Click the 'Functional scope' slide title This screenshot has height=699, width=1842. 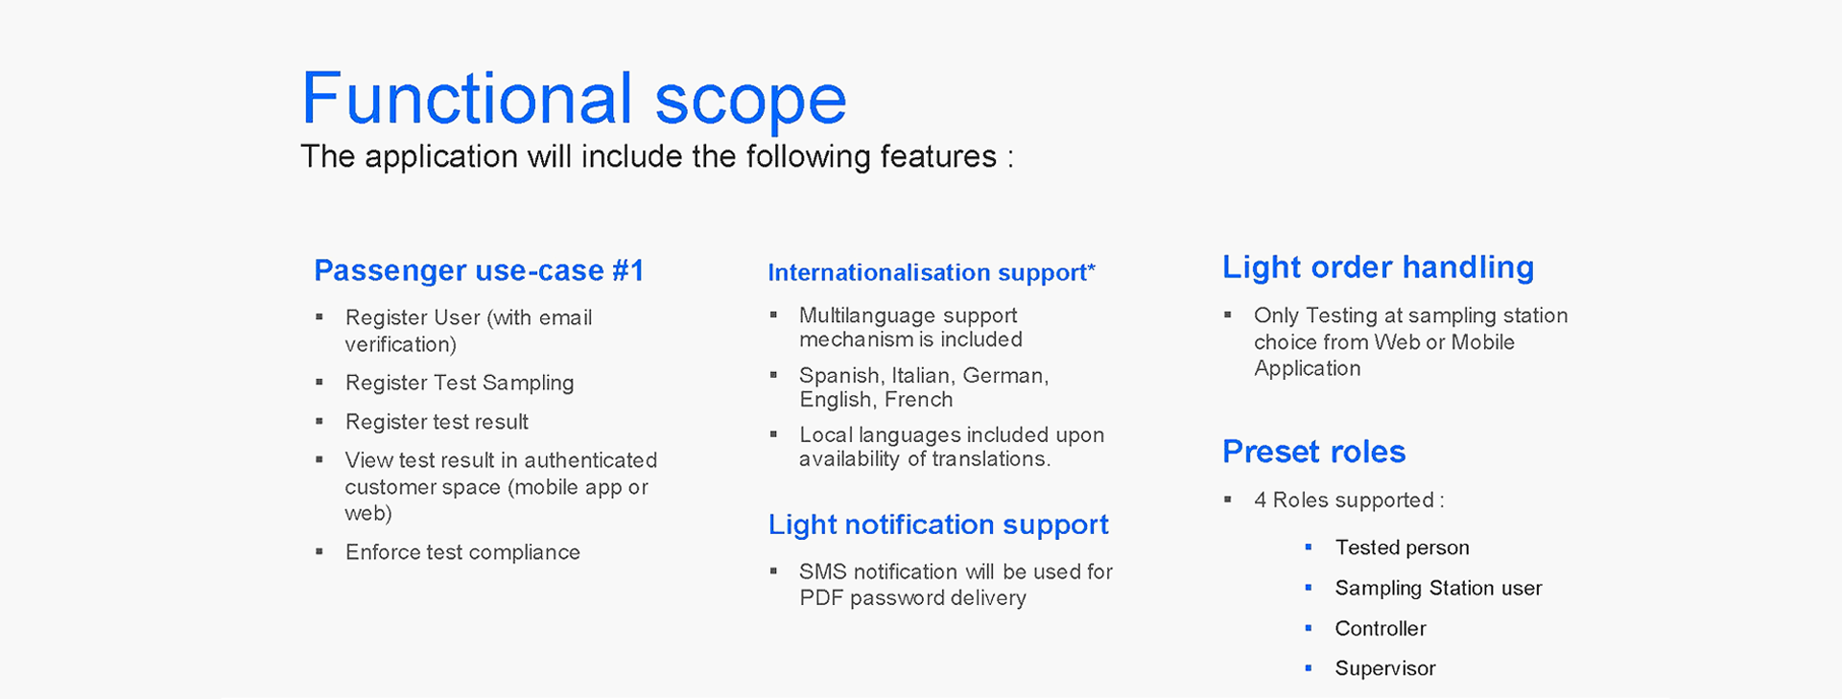click(x=574, y=100)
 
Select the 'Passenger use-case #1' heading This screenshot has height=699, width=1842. click(x=479, y=271)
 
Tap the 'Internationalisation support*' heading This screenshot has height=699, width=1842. click(x=932, y=273)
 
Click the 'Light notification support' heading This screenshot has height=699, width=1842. click(x=938, y=525)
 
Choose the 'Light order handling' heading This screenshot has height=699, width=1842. click(x=1378, y=268)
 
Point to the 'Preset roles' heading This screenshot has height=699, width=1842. click(x=1313, y=452)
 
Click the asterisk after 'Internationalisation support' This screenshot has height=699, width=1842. click(x=1092, y=268)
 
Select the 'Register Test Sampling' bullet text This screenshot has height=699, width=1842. click(x=460, y=384)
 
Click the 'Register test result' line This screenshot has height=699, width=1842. click(x=437, y=422)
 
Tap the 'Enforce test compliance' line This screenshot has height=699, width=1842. click(x=462, y=552)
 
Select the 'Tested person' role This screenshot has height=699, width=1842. click(x=1402, y=548)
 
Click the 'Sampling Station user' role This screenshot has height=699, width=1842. click(x=1438, y=589)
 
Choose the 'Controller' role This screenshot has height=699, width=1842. click(x=1380, y=629)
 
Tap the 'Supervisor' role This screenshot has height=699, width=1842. click(x=1384, y=669)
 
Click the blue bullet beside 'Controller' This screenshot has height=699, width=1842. click(x=1309, y=628)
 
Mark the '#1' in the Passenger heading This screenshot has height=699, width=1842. click(x=627, y=270)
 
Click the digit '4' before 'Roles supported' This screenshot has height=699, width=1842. click(x=1260, y=501)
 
